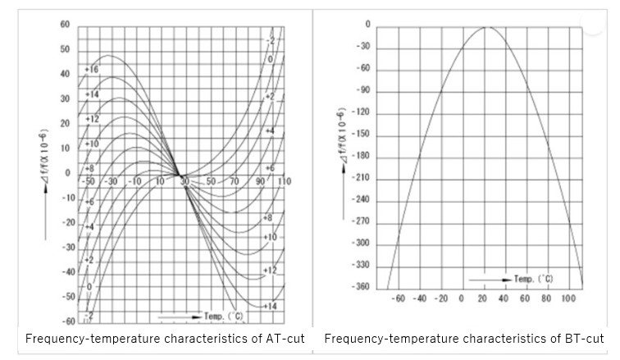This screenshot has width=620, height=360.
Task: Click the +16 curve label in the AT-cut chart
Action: tap(91, 70)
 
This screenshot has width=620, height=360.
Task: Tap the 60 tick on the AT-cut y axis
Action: tap(65, 25)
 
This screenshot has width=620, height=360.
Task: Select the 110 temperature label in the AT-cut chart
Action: tap(285, 180)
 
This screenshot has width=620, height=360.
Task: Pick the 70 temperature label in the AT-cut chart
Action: tap(235, 180)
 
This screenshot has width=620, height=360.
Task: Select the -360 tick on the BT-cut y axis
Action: tap(361, 287)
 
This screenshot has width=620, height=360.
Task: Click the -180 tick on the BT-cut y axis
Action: tap(361, 156)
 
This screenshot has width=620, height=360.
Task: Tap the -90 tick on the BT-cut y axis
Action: tap(362, 90)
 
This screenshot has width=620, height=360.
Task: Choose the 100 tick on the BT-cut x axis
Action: tap(568, 298)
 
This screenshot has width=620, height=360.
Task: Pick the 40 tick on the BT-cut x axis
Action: tap(504, 298)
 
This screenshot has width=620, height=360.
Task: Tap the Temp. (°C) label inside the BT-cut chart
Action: tap(533, 279)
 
